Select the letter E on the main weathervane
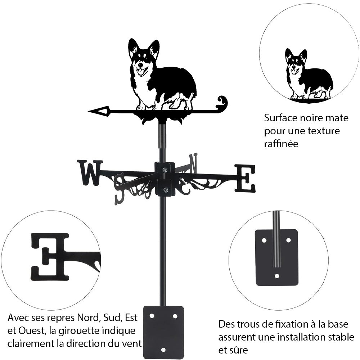pyautogui.click(x=245, y=178)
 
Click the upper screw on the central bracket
pyautogui.click(x=165, y=170)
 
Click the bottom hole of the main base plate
pyautogui.click(x=163, y=350)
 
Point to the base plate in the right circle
pyautogui.click(x=276, y=257)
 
